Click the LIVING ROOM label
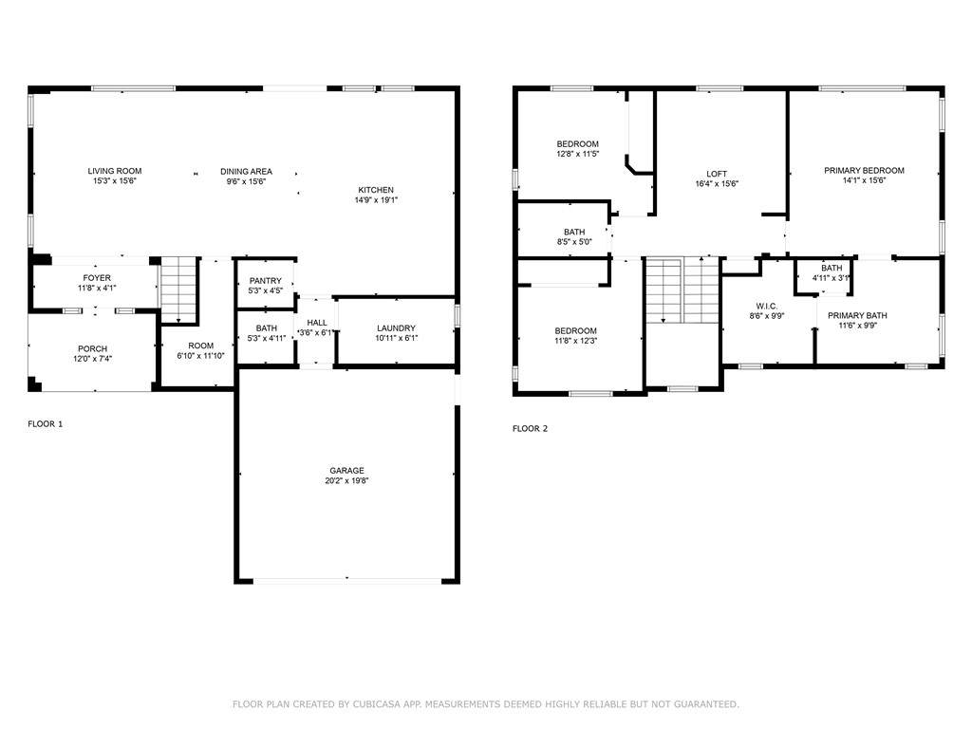115,171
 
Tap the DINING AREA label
246,172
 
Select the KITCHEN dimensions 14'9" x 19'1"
376,200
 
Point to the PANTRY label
266,281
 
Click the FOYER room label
97,278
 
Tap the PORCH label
92,349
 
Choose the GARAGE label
346,471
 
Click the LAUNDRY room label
396,327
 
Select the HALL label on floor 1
317,323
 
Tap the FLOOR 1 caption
46,424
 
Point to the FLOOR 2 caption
530,428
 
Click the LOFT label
717,175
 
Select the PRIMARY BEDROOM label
864,171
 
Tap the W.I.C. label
767,307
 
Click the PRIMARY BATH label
857,315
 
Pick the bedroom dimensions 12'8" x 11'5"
578,155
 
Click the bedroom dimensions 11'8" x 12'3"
576,341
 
